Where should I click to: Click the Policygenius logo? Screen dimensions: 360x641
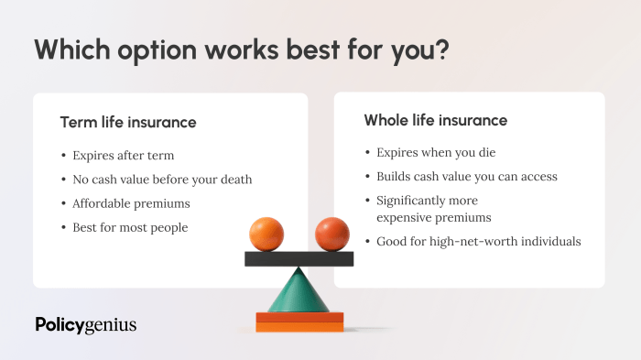pos(85,324)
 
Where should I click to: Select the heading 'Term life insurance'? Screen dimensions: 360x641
pos(128,122)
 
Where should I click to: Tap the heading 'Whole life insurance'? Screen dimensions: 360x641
pos(435,120)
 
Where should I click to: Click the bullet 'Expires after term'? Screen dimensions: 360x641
pos(123,155)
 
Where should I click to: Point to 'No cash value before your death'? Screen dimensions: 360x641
pos(162,179)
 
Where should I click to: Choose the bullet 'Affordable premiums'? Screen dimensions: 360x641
pos(130,203)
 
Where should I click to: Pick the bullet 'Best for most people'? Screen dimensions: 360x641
pos(130,227)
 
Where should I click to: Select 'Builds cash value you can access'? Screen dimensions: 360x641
pos(466,176)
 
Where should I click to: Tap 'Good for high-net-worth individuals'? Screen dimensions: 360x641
pos(478,242)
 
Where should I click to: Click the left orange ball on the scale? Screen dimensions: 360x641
pos(266,234)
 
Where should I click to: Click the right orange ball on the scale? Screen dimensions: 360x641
pos(331,234)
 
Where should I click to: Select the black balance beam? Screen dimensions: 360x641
pos(299,258)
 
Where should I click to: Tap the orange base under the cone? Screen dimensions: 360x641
pos(299,322)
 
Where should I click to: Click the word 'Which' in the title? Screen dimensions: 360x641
pos(72,49)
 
